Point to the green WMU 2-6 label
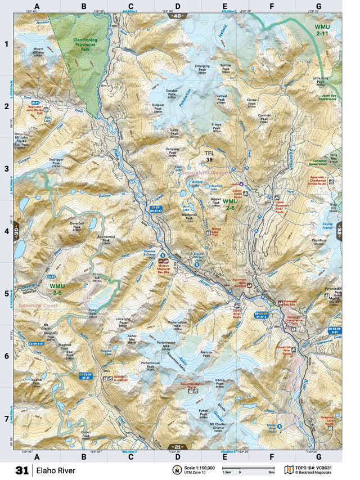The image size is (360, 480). tap(229, 204)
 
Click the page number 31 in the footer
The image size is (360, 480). tap(22, 469)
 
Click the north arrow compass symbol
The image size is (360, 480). tap(177, 470)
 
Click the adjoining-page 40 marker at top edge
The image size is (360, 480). tap(177, 16)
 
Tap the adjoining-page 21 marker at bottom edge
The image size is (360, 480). tap(177, 447)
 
